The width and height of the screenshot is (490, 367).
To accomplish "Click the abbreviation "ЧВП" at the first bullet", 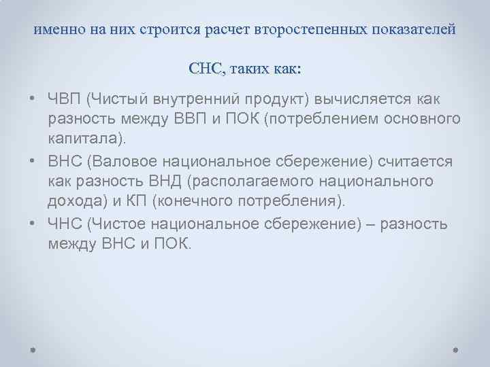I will coord(65,101).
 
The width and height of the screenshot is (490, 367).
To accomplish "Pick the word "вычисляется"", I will coord(360,101).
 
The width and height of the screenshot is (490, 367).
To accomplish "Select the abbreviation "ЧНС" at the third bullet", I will coord(65,224).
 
